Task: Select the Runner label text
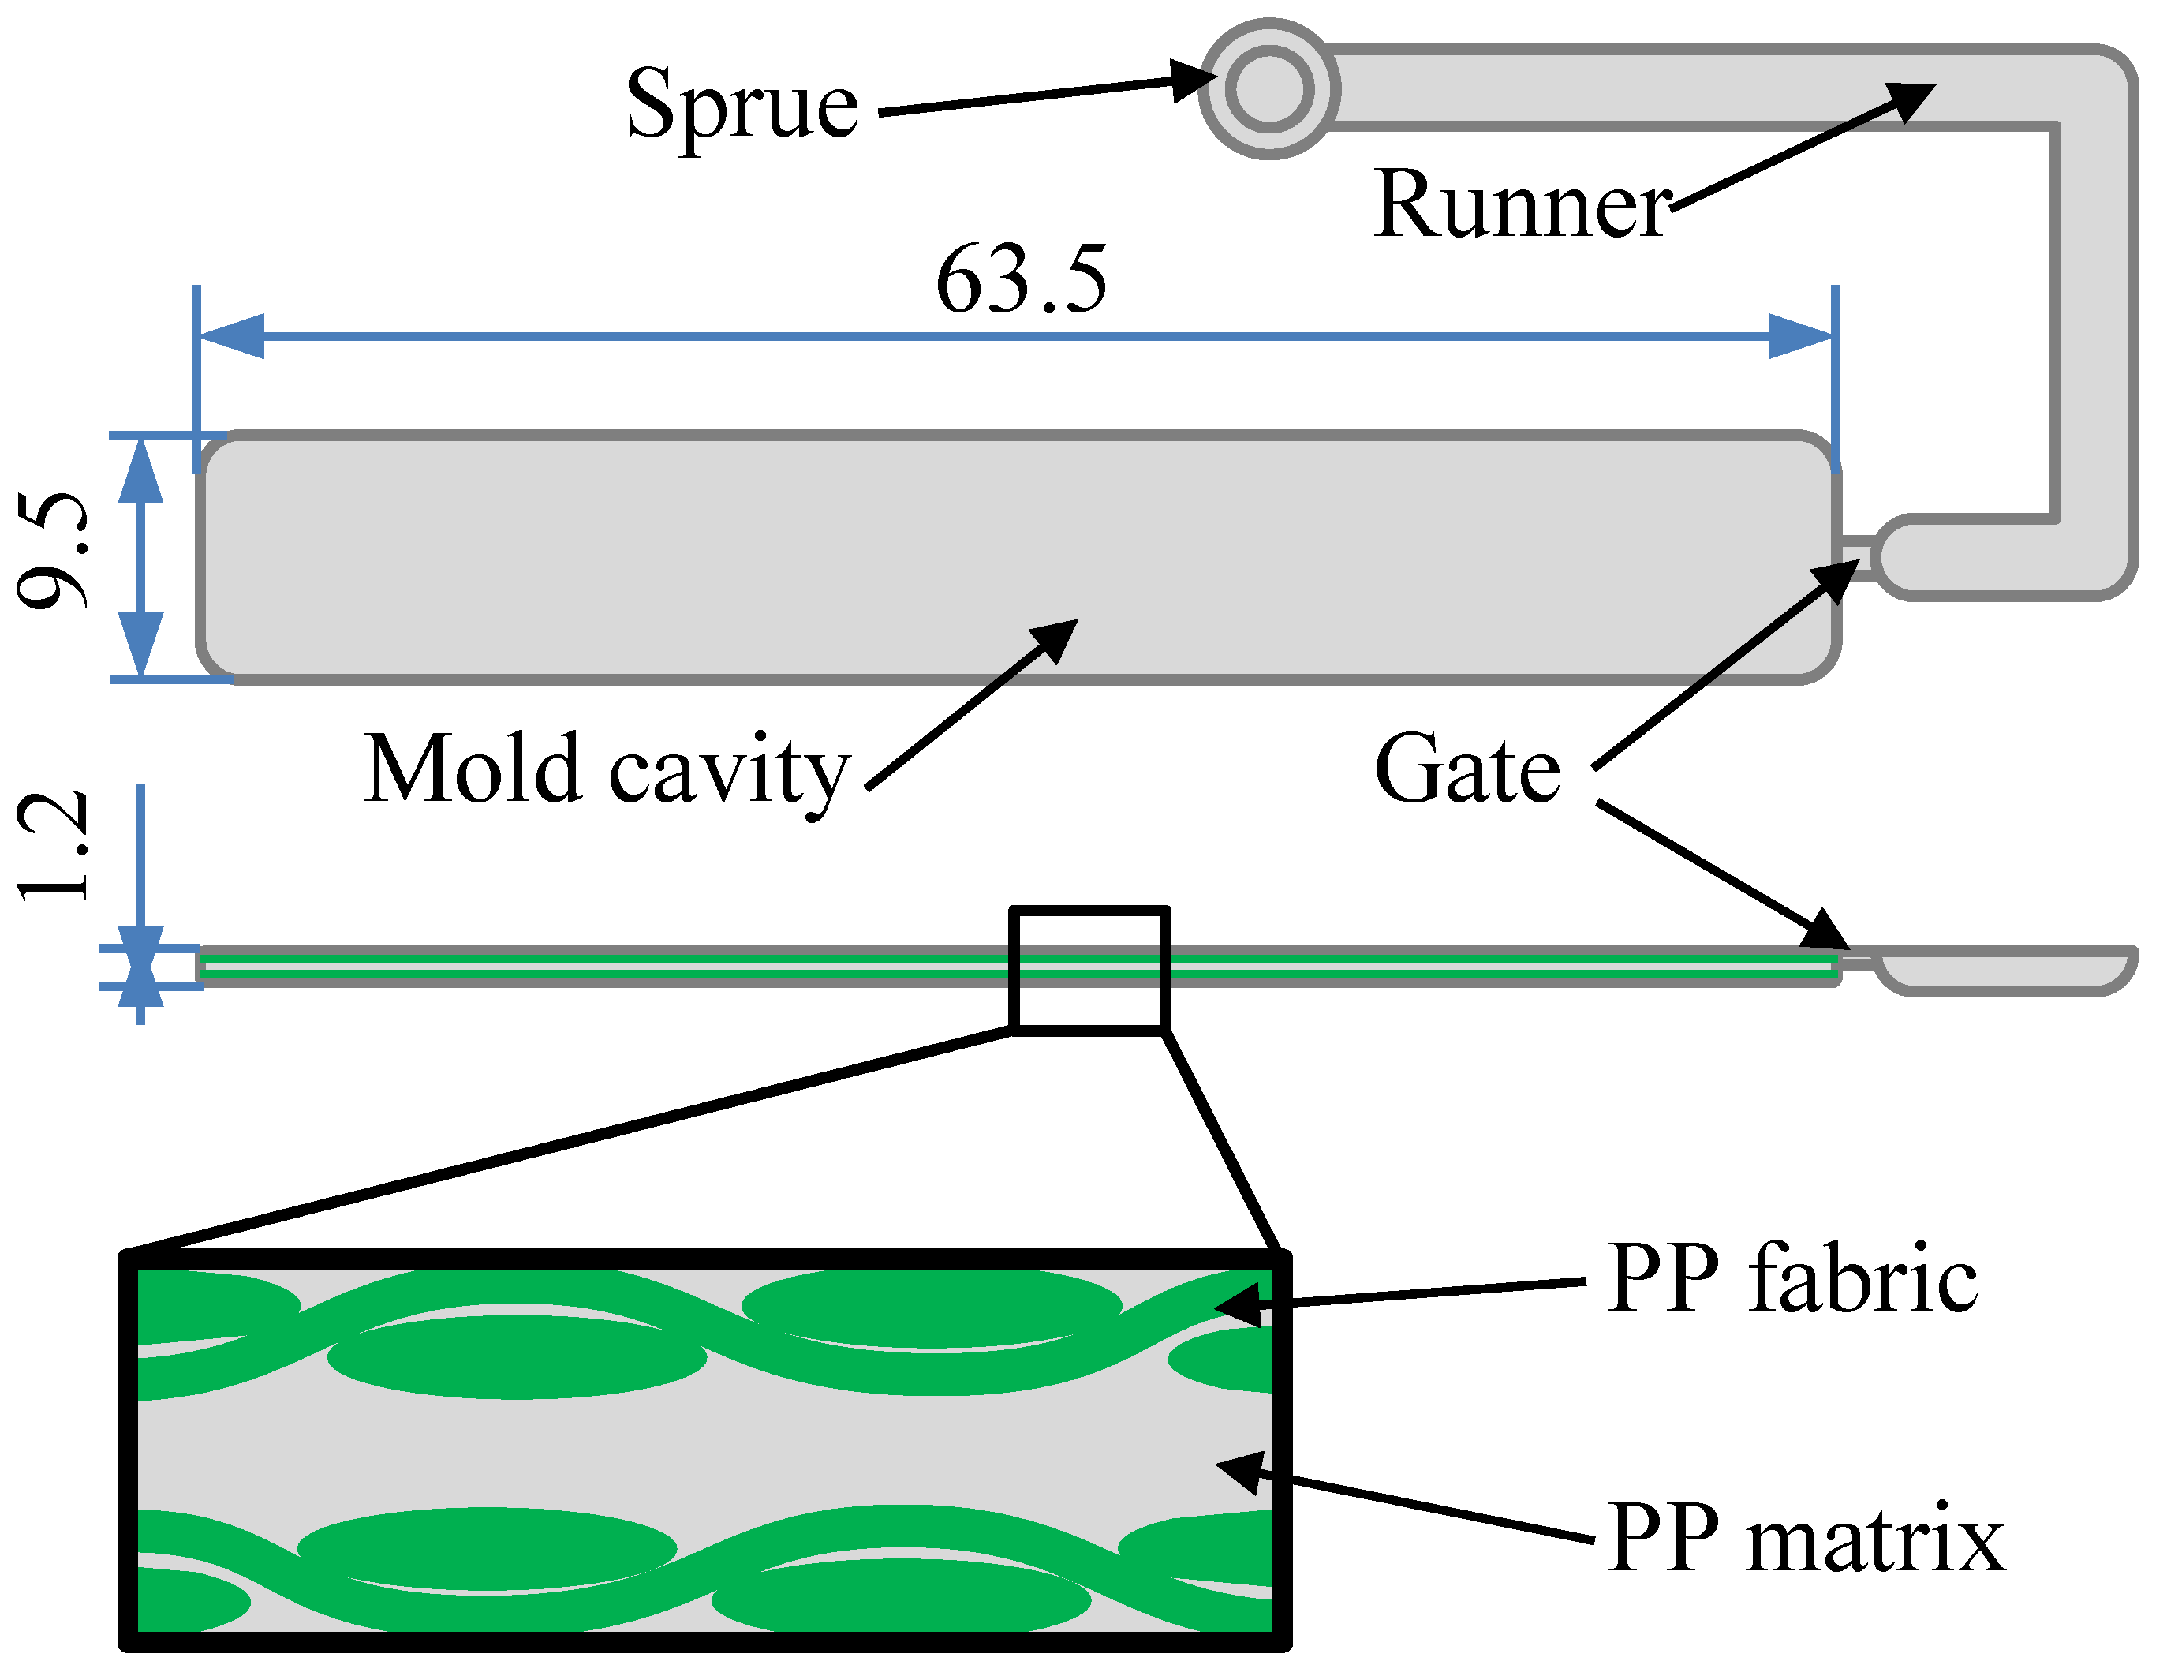(x=1523, y=205)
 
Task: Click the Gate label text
(x=1466, y=770)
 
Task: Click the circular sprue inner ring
(x=1269, y=89)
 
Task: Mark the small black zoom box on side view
(x=1089, y=971)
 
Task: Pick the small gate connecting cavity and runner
(x=1855, y=558)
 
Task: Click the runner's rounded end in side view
(x=2004, y=970)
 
